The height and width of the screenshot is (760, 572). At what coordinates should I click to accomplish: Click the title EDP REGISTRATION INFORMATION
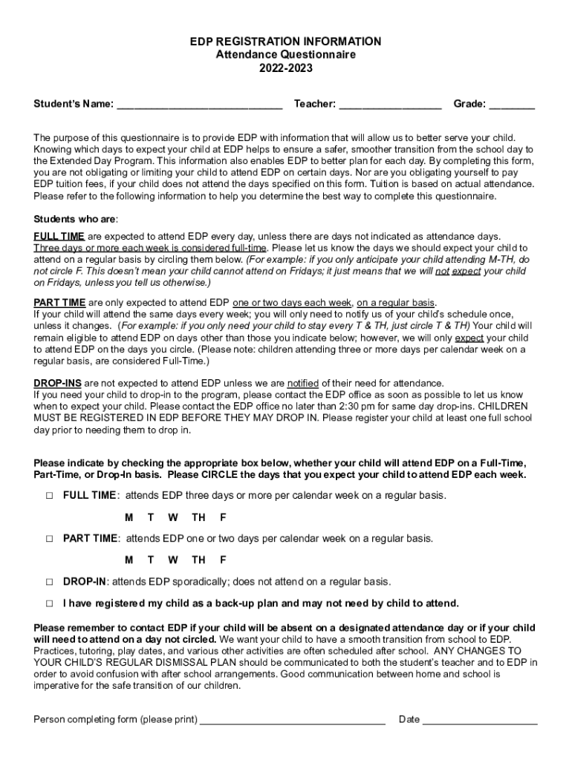(285, 42)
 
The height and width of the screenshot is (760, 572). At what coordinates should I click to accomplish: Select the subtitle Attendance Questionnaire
(285, 55)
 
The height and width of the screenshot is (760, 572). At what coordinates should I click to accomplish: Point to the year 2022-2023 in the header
(285, 68)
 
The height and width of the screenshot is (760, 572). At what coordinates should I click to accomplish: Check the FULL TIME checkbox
(49, 496)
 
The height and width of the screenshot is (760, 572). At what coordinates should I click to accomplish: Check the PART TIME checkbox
(49, 539)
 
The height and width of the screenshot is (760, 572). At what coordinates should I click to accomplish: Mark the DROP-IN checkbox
(49, 582)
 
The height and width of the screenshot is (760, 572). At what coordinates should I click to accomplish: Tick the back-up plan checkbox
(49, 603)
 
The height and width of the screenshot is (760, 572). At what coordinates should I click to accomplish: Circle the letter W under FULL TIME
(172, 517)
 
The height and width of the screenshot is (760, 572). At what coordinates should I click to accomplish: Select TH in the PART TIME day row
(198, 560)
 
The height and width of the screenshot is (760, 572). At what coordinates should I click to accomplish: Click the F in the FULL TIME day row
(223, 517)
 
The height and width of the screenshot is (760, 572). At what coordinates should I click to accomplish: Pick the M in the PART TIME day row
(129, 560)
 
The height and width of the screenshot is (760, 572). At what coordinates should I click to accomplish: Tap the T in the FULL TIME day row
(151, 517)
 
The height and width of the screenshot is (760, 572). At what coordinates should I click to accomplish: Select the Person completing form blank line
(293, 721)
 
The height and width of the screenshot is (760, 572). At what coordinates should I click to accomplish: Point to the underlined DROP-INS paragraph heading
(58, 383)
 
